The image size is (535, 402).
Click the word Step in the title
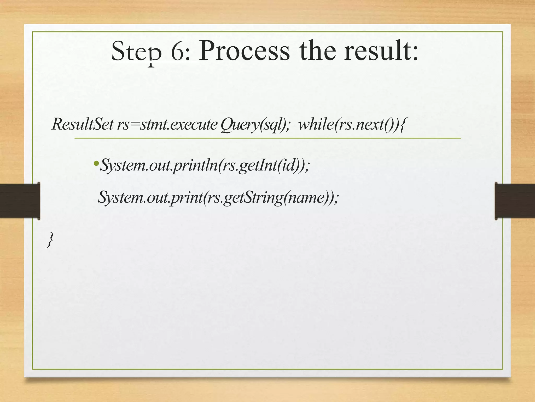pos(136,52)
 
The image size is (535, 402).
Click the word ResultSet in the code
pos(83,124)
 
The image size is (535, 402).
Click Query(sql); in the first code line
pos(255,125)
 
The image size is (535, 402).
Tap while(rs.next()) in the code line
pos(348,124)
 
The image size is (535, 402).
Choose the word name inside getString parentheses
pos(306,198)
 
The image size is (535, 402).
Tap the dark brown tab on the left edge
pos(20,201)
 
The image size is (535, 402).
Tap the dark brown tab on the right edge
pos(515,201)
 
